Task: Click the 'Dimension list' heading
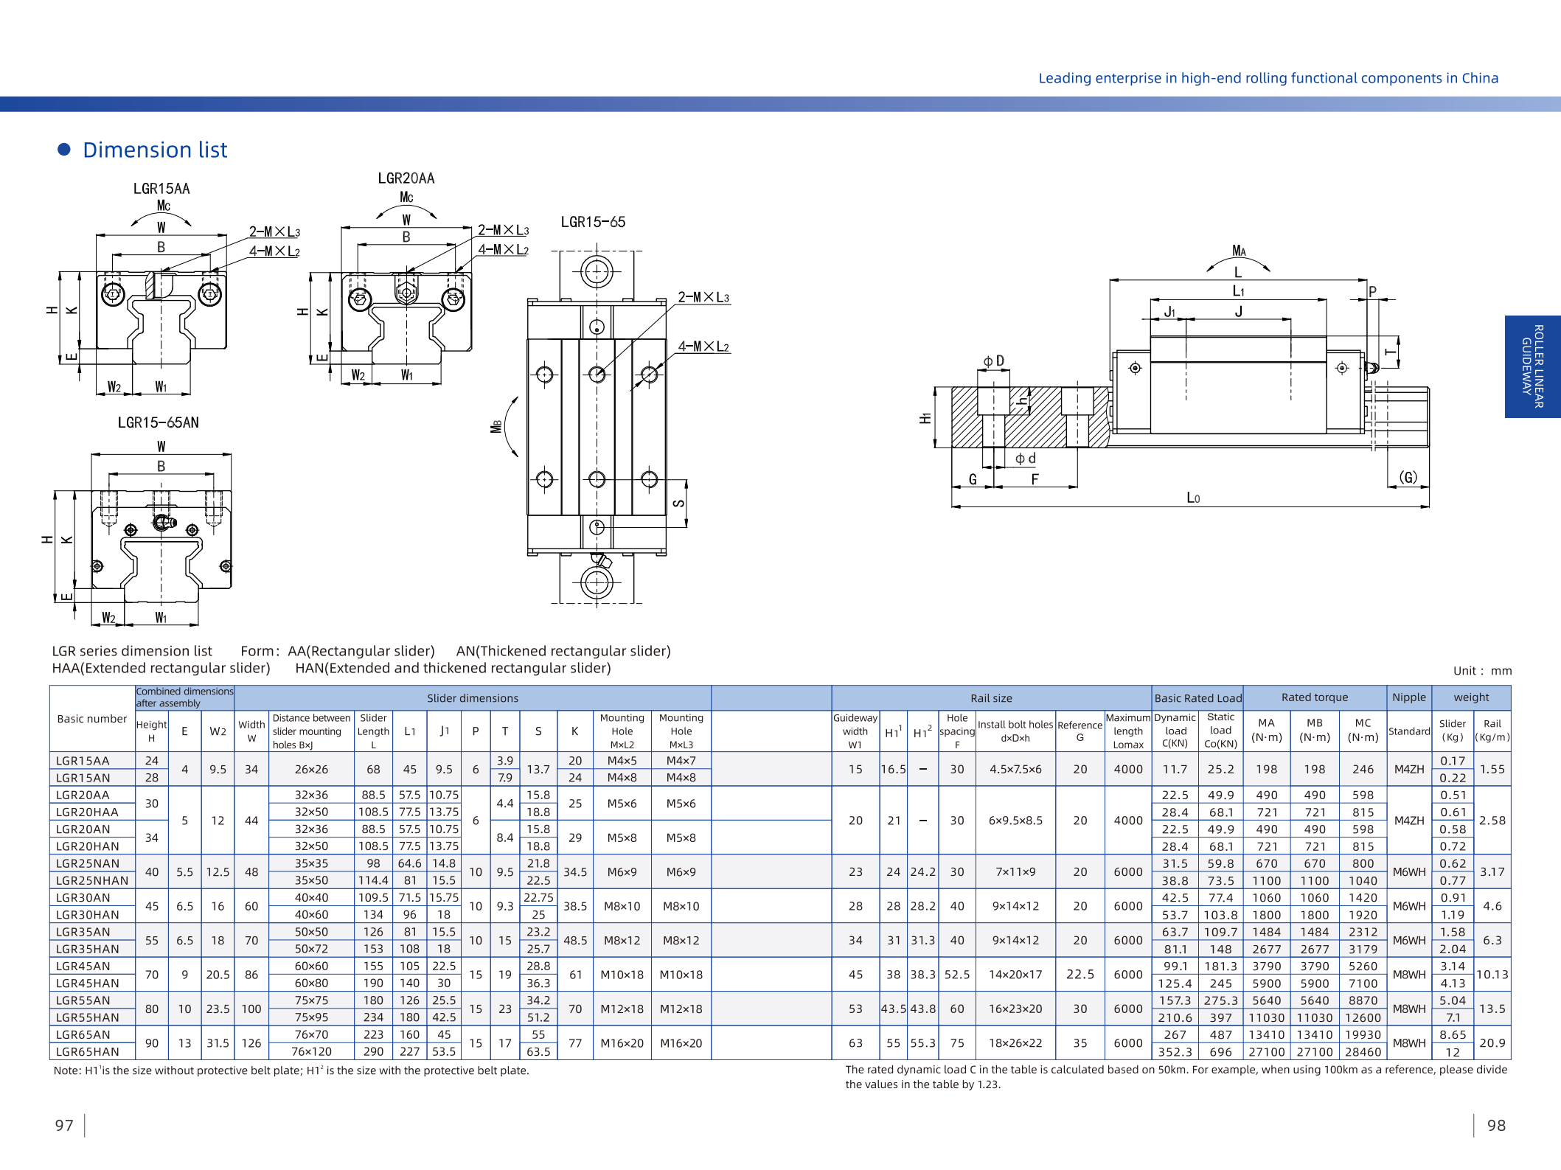click(155, 150)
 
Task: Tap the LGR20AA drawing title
click(406, 178)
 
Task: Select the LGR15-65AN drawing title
click(159, 422)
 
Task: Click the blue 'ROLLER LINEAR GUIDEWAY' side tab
click(1532, 366)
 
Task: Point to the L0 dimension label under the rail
click(1193, 498)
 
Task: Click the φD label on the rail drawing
click(993, 361)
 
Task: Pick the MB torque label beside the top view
click(496, 427)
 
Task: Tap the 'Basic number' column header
click(92, 719)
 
